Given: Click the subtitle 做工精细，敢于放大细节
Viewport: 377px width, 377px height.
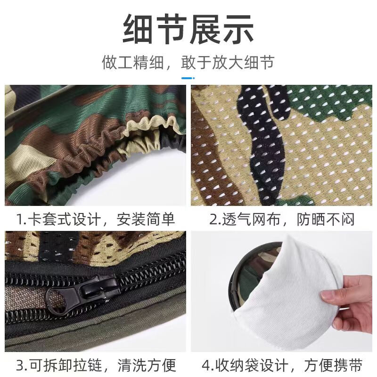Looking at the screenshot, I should coord(188,62).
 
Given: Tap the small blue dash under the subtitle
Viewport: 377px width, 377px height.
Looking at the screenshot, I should coord(188,77).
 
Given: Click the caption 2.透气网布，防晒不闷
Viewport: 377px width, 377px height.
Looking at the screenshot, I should coord(282,219).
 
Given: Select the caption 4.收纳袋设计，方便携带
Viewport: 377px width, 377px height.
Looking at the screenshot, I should coord(282,365).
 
